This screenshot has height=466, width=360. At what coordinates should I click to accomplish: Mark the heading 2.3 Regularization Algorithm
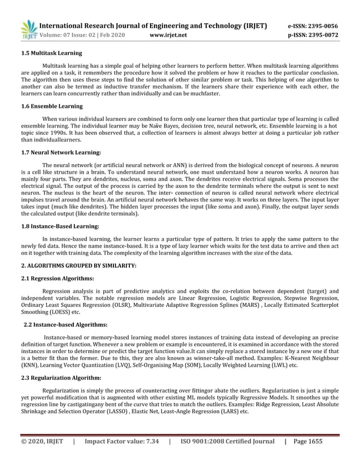click(x=61, y=377)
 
